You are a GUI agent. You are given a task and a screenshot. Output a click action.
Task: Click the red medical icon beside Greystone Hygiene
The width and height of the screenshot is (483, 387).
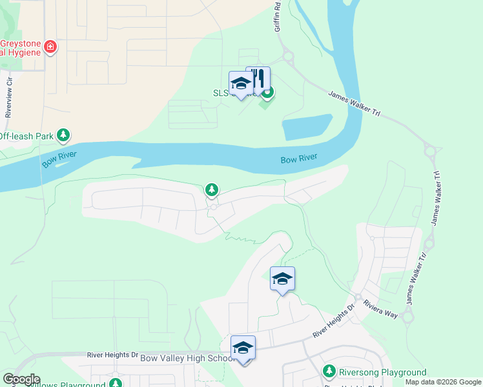click(50, 46)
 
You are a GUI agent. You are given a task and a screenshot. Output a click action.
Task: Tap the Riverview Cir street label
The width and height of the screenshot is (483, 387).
click(9, 96)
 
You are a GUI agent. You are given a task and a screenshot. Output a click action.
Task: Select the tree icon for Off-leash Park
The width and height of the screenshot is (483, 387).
click(63, 135)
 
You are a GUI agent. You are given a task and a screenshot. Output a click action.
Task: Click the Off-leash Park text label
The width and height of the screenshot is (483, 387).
click(26, 136)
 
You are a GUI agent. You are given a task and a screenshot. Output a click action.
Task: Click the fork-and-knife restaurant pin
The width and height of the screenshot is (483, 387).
click(258, 79)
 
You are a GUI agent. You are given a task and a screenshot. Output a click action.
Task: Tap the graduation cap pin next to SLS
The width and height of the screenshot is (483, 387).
click(241, 84)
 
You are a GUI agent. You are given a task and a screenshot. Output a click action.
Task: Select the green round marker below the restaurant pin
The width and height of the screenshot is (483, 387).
click(267, 92)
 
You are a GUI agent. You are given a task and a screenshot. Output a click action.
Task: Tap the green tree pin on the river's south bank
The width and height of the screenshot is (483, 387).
click(211, 190)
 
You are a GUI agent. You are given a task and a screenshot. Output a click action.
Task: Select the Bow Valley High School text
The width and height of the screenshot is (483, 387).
click(187, 359)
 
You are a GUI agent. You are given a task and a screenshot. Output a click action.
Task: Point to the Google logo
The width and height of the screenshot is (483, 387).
click(21, 379)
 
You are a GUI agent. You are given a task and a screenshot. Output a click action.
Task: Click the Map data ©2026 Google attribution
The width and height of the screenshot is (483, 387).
click(443, 382)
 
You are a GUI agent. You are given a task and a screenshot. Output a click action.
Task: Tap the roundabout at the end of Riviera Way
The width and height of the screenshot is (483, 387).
click(407, 316)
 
